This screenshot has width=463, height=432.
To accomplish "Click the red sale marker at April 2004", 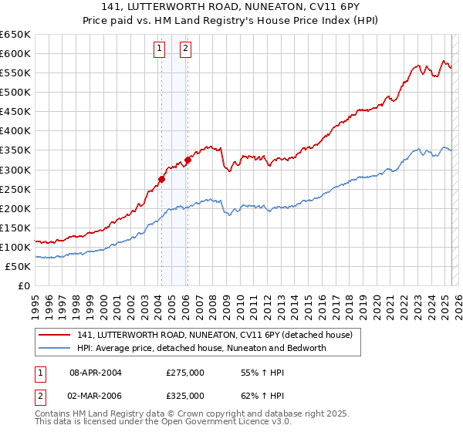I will pos(161,179).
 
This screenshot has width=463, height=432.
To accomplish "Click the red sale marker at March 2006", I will pos(188,160).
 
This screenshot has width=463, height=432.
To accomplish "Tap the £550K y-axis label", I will pos(15,73).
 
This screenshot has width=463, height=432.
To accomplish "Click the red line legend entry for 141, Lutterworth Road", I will pos(215,335).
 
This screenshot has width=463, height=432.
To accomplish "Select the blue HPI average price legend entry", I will pos(201,348).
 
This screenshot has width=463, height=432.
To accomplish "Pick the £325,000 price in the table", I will pos(185,395).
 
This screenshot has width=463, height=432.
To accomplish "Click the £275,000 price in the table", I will pos(185,373).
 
